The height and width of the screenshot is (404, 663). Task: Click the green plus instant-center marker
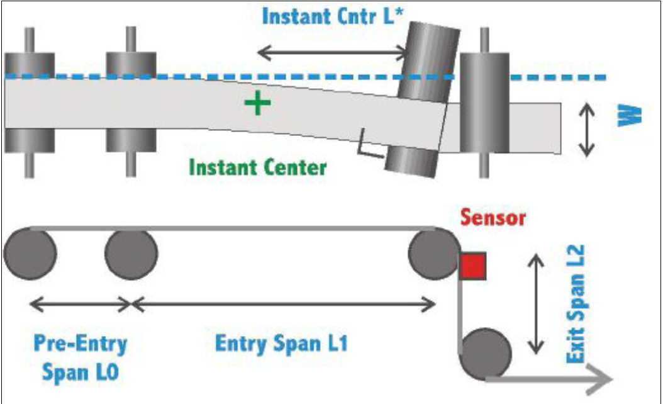[x=255, y=104]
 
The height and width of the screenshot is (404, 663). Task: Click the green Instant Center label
[x=258, y=168]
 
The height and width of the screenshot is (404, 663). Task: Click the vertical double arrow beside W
[x=586, y=129]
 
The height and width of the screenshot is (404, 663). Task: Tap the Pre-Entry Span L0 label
[x=79, y=357]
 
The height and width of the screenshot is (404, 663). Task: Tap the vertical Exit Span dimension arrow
[x=536, y=303]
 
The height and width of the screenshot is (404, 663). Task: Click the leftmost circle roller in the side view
[x=30, y=254]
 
